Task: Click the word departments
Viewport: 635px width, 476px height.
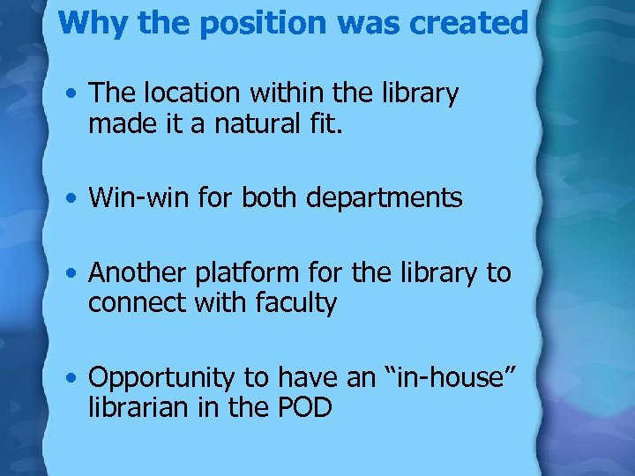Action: (384, 198)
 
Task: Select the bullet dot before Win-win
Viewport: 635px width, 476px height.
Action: (74, 199)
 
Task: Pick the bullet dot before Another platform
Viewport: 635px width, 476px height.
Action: (74, 274)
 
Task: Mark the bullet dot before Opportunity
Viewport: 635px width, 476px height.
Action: (74, 379)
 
